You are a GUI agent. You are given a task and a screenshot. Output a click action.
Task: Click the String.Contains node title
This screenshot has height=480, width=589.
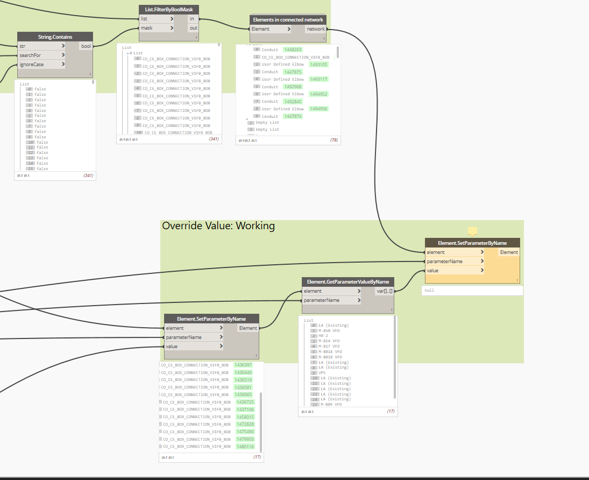tap(55, 37)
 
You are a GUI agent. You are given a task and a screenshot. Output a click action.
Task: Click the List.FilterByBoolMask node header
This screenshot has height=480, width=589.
tap(168, 9)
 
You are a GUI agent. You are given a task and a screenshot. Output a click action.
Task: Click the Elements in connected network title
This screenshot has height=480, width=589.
tap(288, 20)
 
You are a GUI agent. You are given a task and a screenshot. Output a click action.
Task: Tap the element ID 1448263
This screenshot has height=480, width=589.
tap(293, 50)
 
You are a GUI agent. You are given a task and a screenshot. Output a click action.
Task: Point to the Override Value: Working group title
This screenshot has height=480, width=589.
tap(218, 226)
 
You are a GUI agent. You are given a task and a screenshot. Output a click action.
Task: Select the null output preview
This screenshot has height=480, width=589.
tap(472, 290)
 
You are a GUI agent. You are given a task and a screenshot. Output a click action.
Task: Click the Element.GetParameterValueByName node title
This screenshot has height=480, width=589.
tap(348, 281)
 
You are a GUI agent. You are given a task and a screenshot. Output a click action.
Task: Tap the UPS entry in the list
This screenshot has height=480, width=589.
tap(322, 372)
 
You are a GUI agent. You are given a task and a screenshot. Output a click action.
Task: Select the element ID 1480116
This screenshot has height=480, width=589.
tap(244, 446)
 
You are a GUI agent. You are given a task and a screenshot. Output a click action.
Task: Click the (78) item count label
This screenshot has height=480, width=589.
tap(334, 140)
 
